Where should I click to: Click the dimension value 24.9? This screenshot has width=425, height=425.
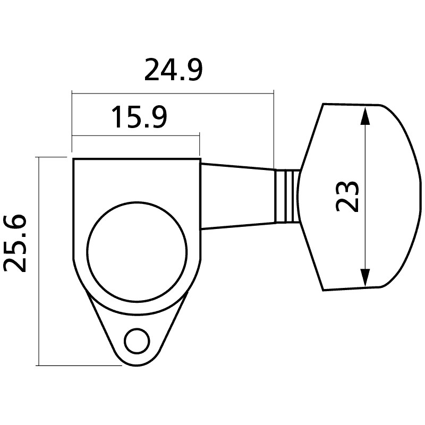[173, 70]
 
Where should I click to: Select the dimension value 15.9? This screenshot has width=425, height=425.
[139, 117]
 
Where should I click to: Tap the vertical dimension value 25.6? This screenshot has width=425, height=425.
[15, 243]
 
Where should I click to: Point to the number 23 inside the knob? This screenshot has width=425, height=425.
[347, 196]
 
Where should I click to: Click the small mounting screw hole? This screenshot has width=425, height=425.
[137, 341]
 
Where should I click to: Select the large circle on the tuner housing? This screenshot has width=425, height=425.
[137, 252]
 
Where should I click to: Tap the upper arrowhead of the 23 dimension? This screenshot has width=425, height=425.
[365, 116]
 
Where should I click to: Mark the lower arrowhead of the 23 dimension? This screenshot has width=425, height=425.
[365, 277]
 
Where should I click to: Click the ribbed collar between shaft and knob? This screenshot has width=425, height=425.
[287, 197]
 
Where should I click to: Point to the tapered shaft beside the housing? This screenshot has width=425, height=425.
[238, 197]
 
